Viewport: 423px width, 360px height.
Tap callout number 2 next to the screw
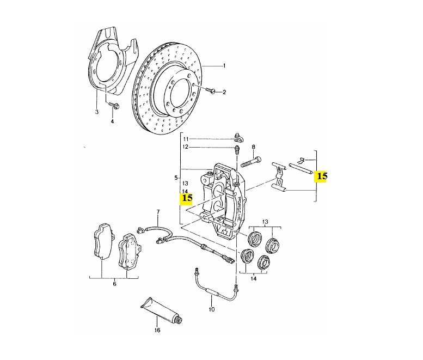pyautogui.click(x=223, y=92)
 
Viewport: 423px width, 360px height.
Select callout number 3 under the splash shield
pyautogui.click(x=96, y=112)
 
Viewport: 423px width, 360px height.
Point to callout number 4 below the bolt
pyautogui.click(x=112, y=121)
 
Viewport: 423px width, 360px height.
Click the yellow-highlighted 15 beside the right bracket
pyautogui.click(x=322, y=176)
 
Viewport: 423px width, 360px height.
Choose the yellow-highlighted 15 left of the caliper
pyautogui.click(x=187, y=198)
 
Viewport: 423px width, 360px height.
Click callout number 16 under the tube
pyautogui.click(x=157, y=330)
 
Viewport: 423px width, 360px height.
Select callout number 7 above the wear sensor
pyautogui.click(x=158, y=211)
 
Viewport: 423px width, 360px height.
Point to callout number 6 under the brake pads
pyautogui.click(x=114, y=284)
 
